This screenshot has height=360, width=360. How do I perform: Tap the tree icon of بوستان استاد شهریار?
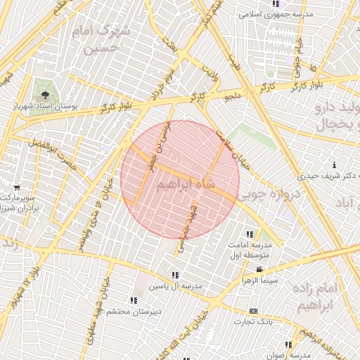(x=46, y=94)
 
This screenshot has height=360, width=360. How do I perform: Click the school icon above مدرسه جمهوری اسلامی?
(x=274, y=4)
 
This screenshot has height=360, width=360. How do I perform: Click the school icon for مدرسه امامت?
(x=249, y=234)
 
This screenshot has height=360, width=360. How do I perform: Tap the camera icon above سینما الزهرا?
(x=259, y=270)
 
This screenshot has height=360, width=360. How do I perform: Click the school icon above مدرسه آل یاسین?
(x=174, y=275)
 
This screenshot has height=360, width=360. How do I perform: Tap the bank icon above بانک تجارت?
(x=253, y=311)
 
